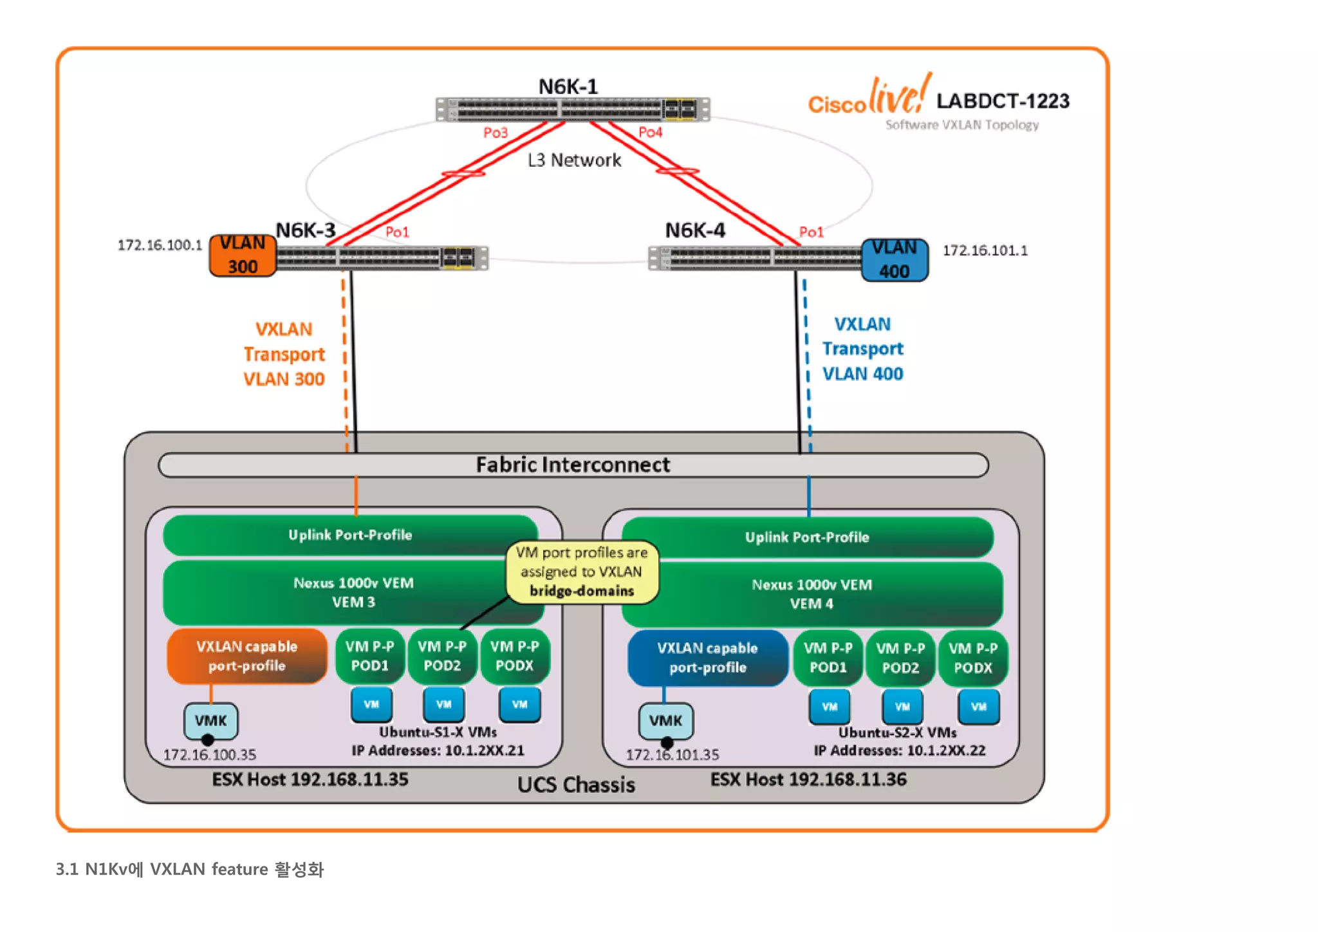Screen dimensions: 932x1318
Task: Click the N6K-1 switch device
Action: [572, 109]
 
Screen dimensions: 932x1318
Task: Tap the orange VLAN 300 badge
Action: [243, 255]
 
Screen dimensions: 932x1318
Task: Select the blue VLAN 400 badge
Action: [894, 259]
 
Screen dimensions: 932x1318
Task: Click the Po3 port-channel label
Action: [496, 133]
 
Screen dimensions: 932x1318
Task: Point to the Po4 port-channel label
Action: [650, 132]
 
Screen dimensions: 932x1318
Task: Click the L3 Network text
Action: [574, 160]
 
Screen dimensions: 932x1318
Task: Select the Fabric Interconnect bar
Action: [573, 465]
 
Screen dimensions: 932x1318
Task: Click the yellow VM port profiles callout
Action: [582, 572]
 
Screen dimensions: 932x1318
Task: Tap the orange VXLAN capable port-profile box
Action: [246, 656]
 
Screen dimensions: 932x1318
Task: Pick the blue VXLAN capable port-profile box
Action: [707, 658]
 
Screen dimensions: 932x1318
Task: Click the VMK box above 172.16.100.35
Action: [210, 721]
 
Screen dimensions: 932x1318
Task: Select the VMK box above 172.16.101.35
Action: [665, 721]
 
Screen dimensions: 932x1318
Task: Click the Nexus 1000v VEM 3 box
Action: [353, 592]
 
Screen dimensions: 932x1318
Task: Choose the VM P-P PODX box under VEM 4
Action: [972, 658]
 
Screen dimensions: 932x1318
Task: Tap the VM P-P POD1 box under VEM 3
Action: [369, 656]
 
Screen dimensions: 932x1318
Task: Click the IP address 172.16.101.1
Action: [985, 250]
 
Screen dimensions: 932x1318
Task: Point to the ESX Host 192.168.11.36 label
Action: [808, 779]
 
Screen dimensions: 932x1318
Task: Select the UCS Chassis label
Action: [576, 785]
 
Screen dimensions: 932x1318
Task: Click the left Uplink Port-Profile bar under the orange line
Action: [350, 535]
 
